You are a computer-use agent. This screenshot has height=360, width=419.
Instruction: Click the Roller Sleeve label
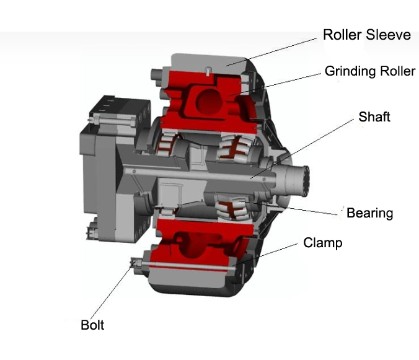[367, 35]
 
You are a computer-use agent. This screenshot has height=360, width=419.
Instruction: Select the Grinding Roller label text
[369, 71]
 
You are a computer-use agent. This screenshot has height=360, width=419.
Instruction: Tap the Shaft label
[374, 116]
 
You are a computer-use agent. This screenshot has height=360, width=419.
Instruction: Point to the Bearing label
[369, 213]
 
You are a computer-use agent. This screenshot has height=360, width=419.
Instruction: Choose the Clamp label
[322, 243]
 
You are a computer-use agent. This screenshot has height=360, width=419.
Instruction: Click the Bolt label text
[92, 325]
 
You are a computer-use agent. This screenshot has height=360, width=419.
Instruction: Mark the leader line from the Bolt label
[114, 291]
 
